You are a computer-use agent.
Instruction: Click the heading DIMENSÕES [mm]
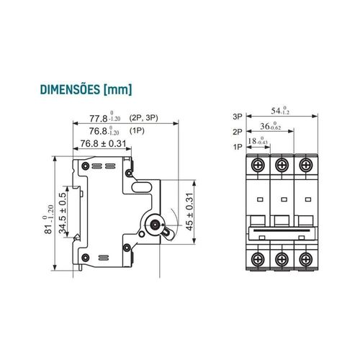[x=86, y=90]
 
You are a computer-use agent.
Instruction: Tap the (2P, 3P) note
[x=143, y=118]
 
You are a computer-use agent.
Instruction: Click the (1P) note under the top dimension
[x=137, y=131]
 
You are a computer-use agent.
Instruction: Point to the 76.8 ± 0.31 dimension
[x=103, y=143]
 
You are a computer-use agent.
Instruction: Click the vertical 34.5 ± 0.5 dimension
[x=63, y=213]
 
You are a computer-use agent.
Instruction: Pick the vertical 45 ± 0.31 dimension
[x=189, y=212]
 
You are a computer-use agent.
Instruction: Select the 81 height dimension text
[x=49, y=220]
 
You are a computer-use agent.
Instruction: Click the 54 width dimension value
[x=280, y=110]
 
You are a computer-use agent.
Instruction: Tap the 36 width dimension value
[x=271, y=126]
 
